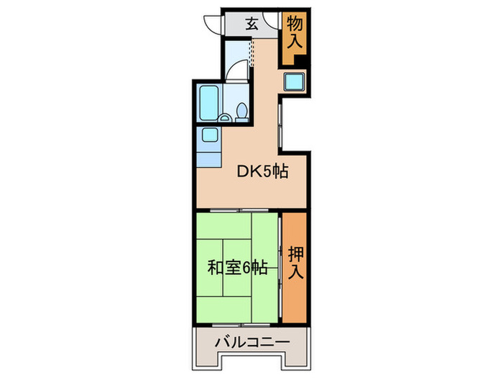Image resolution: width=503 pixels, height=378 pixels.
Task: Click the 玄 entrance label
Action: point(251,23)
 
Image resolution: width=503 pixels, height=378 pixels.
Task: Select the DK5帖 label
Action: point(263,172)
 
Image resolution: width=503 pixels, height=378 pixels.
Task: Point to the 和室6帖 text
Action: point(238,268)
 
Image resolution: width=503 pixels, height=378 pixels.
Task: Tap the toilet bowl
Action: point(242,111)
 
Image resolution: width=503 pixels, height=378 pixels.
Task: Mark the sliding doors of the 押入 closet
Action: point(280,267)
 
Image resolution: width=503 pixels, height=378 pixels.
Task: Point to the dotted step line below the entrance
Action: point(251,49)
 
